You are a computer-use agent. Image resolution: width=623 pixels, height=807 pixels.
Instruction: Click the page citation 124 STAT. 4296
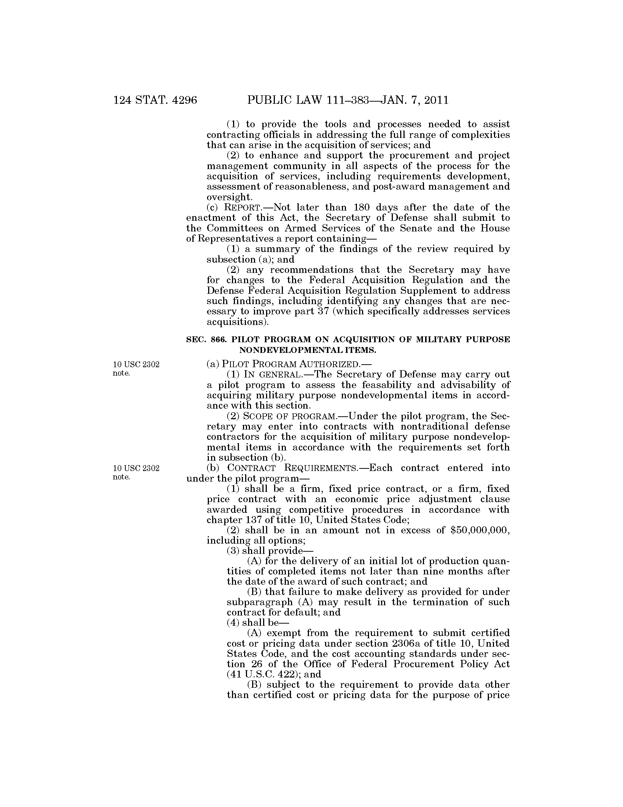pyautogui.click(x=155, y=100)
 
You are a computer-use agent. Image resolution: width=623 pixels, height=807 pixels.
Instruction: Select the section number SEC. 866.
pyautogui.click(x=206, y=339)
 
